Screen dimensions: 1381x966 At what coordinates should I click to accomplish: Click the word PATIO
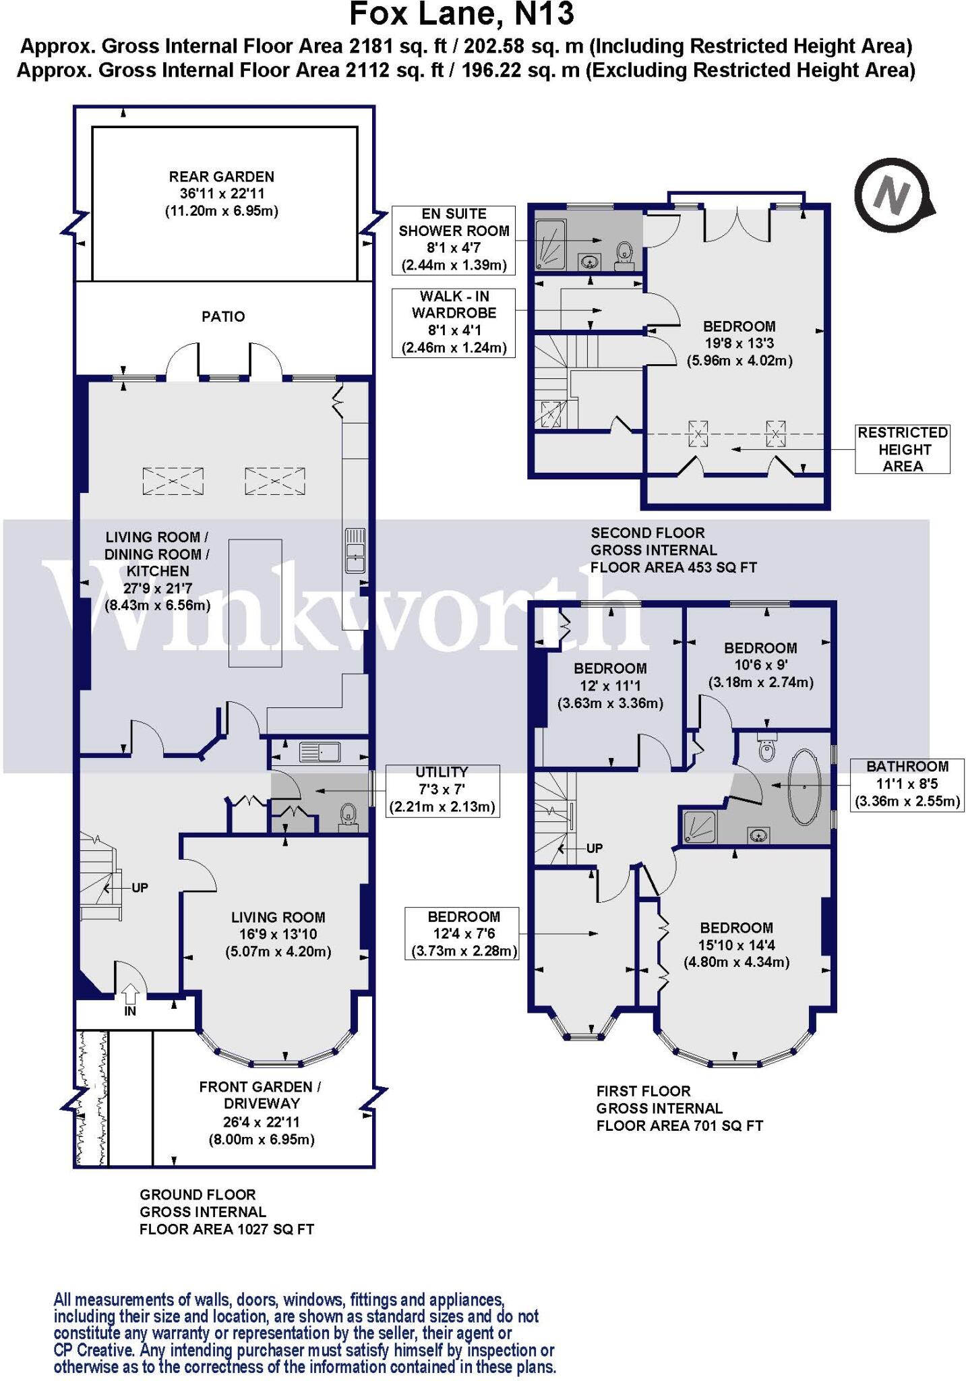click(x=223, y=316)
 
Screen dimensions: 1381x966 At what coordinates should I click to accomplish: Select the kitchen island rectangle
click(x=255, y=603)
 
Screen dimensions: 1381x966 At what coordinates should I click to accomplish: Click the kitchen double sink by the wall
click(x=355, y=550)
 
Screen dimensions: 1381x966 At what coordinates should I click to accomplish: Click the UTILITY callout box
click(x=442, y=790)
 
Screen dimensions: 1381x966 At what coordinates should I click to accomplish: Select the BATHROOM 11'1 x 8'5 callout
click(x=906, y=784)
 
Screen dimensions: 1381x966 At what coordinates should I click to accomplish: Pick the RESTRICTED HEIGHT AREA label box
click(x=902, y=449)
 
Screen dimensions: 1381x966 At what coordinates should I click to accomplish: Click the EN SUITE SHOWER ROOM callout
click(x=454, y=240)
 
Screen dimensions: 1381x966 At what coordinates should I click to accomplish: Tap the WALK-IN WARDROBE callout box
click(x=454, y=322)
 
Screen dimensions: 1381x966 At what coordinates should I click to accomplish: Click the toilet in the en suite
click(x=624, y=254)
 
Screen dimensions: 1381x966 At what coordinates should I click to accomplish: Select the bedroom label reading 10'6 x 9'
click(x=760, y=665)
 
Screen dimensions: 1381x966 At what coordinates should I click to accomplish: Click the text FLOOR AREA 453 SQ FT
click(x=673, y=567)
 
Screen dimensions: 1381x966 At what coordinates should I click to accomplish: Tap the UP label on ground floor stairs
click(x=140, y=887)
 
